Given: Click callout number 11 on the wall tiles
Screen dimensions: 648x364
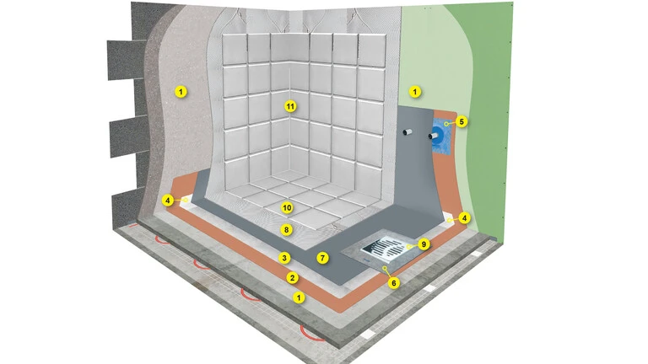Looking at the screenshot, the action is point(290,106).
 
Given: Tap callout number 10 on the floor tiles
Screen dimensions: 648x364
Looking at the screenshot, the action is point(287,207).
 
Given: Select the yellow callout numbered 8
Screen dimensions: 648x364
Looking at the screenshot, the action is point(286,229).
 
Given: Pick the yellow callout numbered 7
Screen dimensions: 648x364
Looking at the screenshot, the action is point(322,259).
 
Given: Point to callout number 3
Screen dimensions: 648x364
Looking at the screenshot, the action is point(283,258).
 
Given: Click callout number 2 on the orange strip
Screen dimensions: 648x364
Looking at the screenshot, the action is point(292,277).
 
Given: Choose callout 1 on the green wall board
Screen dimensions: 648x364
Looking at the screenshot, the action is point(415,92).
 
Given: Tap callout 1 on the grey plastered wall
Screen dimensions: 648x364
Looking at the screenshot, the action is point(181,91).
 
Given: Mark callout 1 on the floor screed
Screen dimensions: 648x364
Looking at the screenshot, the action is point(299,297).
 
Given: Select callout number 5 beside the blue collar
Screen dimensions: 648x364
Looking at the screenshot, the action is point(462,121).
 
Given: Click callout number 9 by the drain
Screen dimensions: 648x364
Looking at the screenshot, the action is point(424,244).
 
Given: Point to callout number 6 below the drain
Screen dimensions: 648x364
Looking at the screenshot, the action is point(394,283).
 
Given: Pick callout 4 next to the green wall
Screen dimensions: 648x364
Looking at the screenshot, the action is point(465,217).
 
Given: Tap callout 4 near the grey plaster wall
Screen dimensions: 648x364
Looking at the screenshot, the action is point(167,201).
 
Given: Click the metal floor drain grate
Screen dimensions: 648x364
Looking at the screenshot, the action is point(385,247).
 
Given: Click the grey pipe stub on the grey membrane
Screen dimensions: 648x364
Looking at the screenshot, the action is point(408,132).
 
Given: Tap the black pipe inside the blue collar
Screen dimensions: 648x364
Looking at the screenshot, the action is point(434,136).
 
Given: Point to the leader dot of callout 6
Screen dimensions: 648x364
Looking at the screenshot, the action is point(385,268).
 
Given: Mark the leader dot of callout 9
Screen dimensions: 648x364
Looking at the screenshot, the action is point(408,246).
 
